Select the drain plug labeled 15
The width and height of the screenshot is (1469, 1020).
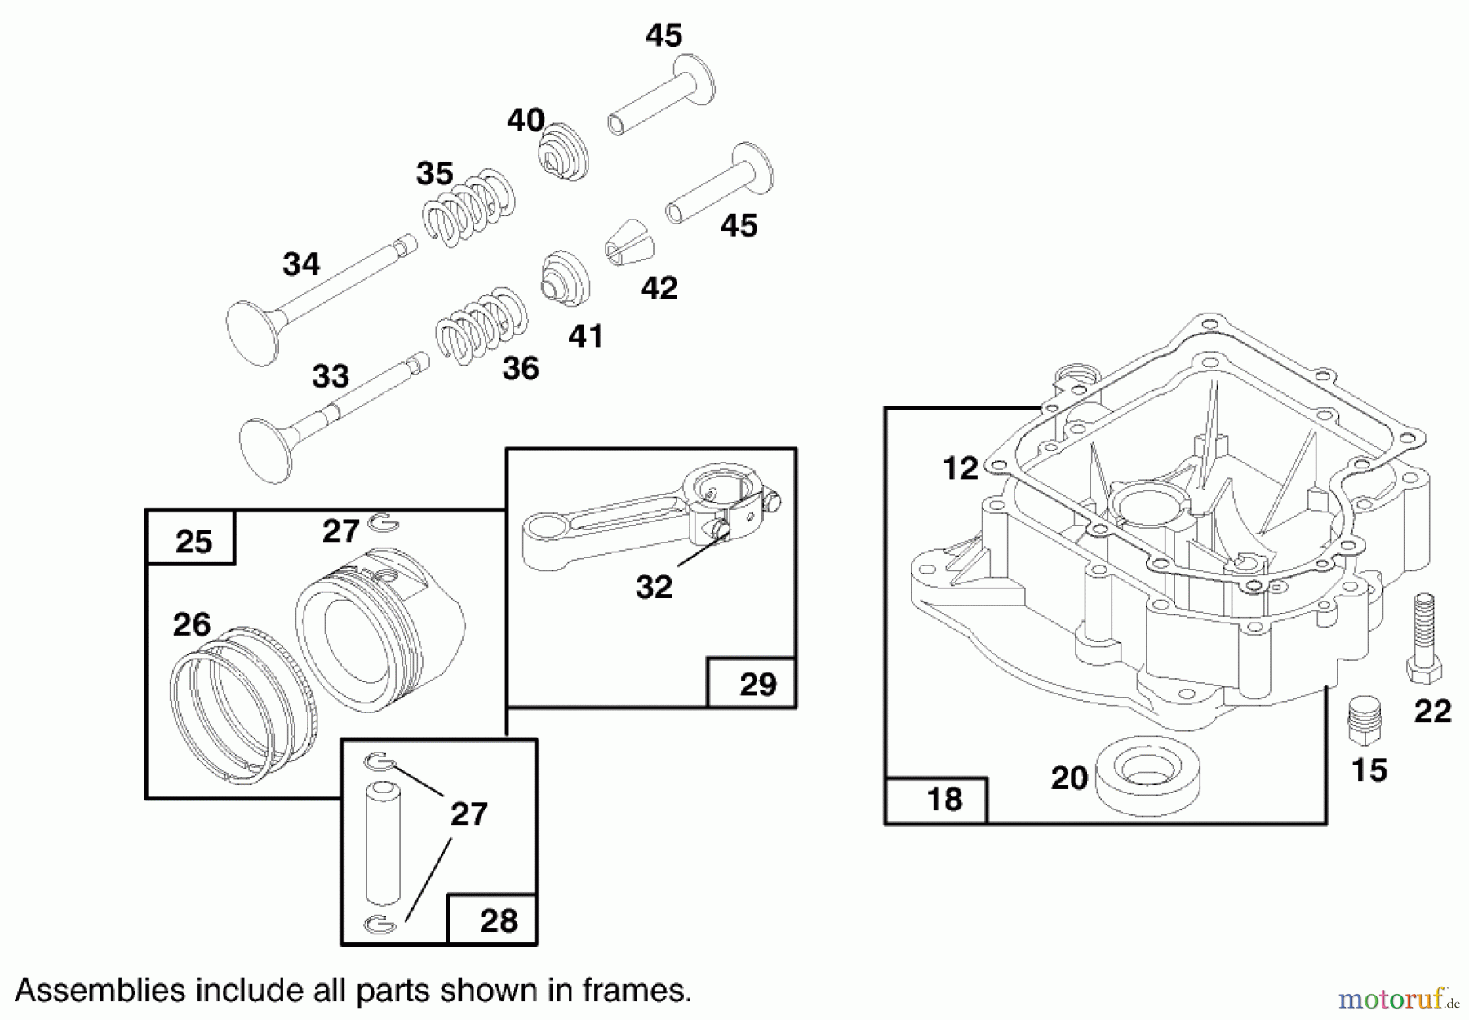[x=1365, y=721]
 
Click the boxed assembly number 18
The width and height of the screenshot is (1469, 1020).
[x=944, y=800]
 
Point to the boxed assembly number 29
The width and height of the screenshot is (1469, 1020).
[x=757, y=684]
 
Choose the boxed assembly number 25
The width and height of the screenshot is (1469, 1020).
[x=193, y=541]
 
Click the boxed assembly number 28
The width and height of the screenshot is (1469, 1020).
[x=498, y=920]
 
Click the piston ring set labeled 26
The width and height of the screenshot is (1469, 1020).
[x=233, y=706]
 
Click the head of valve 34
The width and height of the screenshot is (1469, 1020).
[x=252, y=332]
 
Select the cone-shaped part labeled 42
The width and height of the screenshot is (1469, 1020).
[x=629, y=243]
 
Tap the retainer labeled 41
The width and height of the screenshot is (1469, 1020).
[x=566, y=277]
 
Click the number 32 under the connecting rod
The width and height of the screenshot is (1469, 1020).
[x=654, y=587]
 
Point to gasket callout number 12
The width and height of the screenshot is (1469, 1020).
[x=960, y=468]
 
